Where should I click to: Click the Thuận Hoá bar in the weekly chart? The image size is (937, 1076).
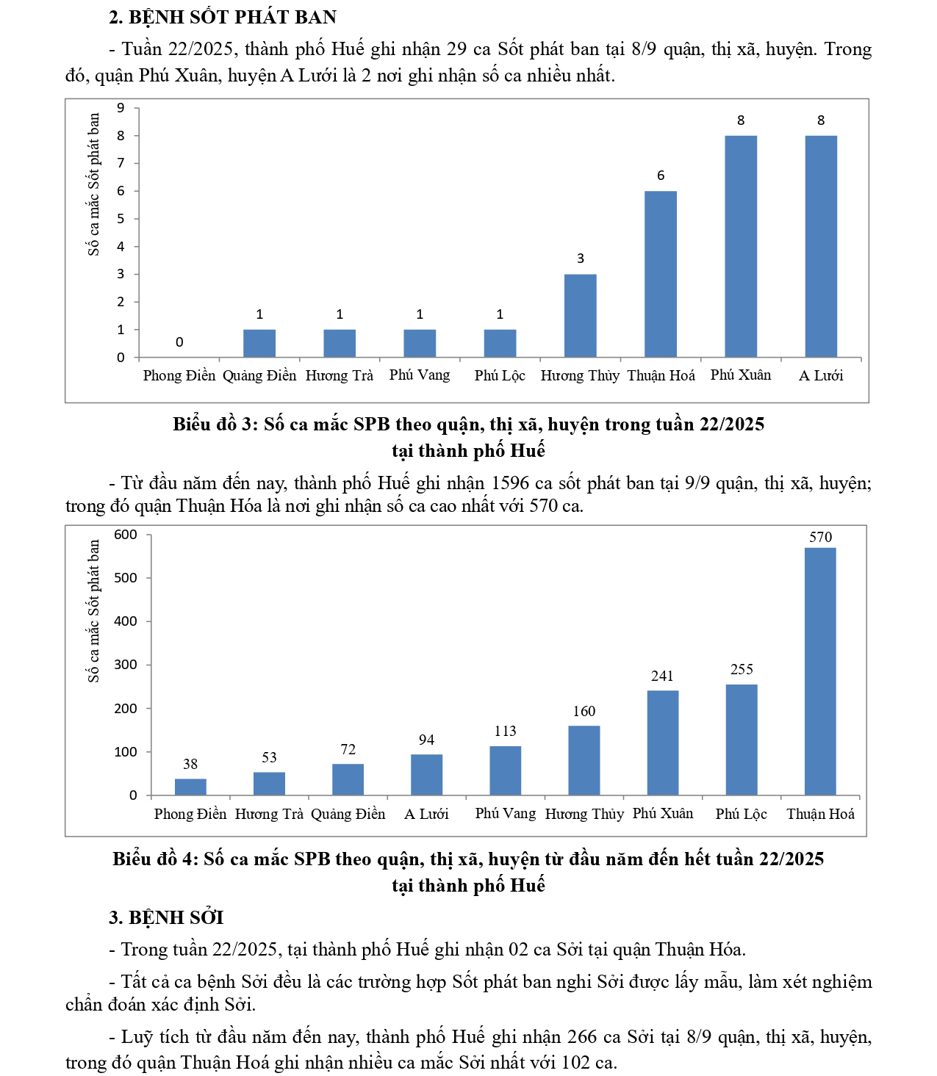click(x=660, y=274)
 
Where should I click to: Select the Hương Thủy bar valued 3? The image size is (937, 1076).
click(x=580, y=316)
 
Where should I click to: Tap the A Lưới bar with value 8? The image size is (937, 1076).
click(x=820, y=246)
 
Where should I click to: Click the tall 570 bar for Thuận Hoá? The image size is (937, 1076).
click(x=819, y=671)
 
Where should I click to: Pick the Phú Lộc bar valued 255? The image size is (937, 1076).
click(x=741, y=740)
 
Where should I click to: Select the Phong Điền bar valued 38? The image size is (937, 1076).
click(x=190, y=787)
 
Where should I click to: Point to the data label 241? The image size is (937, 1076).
click(x=662, y=676)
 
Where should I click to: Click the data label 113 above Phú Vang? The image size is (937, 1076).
click(x=505, y=731)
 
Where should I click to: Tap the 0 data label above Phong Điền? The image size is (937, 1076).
click(x=179, y=342)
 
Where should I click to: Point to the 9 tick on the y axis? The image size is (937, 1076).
click(x=121, y=108)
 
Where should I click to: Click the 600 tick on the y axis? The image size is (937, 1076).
click(x=126, y=535)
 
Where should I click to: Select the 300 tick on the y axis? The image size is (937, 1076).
click(x=126, y=665)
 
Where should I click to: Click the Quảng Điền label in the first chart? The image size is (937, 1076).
click(x=259, y=375)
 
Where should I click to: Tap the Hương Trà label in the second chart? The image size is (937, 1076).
click(x=269, y=814)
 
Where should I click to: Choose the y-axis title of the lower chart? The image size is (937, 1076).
click(x=93, y=611)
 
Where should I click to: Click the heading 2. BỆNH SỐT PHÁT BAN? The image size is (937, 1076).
click(x=223, y=17)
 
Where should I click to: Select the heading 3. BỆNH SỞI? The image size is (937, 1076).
click(x=166, y=917)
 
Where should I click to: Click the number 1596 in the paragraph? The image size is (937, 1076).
click(x=509, y=483)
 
